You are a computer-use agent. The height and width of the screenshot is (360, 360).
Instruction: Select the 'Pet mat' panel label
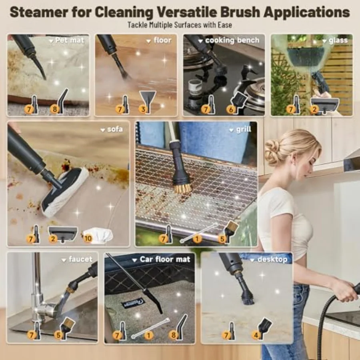(70, 40)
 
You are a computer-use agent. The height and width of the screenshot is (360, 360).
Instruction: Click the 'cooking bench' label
(232, 40)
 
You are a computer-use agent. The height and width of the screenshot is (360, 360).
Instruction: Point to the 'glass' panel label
(338, 40)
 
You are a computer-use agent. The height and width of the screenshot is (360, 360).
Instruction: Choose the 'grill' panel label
(244, 129)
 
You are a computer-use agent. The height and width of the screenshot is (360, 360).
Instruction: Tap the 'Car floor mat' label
(165, 259)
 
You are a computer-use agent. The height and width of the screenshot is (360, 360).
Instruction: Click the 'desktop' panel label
(272, 260)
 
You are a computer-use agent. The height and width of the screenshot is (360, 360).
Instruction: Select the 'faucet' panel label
(80, 259)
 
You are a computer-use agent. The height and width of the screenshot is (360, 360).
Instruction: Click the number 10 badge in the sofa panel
(88, 238)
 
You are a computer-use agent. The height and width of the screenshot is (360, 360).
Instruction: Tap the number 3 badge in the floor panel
(143, 109)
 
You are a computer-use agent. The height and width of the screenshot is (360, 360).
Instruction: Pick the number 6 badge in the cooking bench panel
(231, 110)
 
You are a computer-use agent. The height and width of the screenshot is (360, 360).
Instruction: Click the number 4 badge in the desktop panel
(256, 336)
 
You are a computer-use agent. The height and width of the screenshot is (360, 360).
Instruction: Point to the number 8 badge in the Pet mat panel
(55, 109)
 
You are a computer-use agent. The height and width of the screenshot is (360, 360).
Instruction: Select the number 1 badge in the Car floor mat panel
(148, 335)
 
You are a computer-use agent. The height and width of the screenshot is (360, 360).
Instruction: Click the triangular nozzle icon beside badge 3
(148, 101)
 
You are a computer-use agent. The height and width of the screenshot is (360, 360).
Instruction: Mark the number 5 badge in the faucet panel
(58, 335)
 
